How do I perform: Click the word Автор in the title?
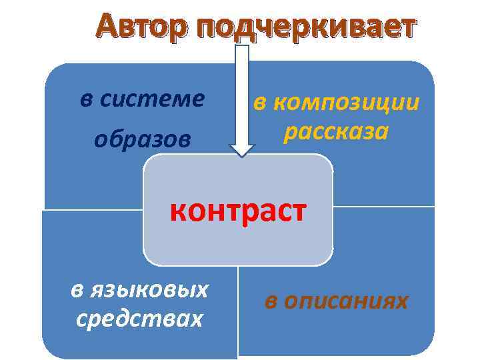coord(141,27)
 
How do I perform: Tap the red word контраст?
coord(238,211)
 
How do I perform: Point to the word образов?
coord(142,139)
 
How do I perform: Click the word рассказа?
coord(335,131)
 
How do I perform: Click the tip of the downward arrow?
coord(242,155)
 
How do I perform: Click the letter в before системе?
coord(85,99)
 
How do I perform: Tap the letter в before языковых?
coord(77,290)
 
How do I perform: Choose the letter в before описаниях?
coord(271,301)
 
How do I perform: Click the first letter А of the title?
coord(107,27)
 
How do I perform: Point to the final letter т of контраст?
coord(299,212)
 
